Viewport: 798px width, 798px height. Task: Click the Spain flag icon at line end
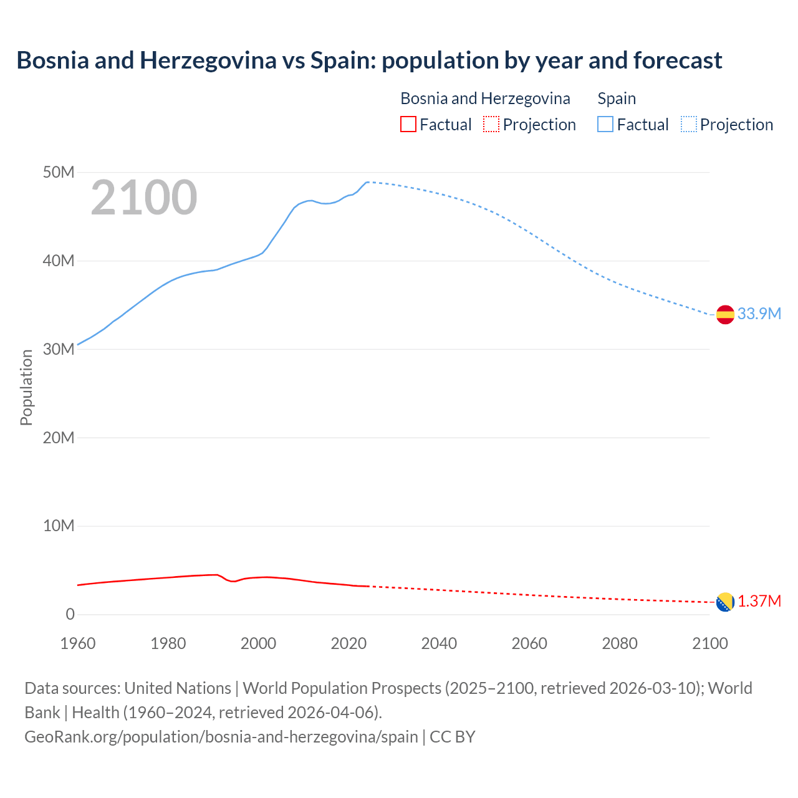[725, 315]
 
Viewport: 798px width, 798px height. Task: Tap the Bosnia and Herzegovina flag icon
[725, 602]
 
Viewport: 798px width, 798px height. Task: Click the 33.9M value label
[759, 314]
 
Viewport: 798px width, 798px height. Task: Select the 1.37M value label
[759, 602]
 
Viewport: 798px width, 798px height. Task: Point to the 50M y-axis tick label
[59, 172]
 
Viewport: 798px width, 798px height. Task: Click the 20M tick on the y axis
[59, 438]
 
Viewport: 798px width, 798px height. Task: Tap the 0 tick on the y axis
[70, 615]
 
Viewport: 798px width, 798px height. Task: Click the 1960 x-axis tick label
[78, 643]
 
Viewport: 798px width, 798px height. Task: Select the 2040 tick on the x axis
[439, 643]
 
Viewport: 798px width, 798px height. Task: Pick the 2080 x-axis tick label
[620, 643]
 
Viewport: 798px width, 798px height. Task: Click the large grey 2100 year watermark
[144, 198]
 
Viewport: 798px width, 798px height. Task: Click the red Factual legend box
[408, 125]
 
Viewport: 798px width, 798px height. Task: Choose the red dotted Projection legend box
[491, 125]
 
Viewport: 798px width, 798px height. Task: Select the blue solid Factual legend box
[605, 125]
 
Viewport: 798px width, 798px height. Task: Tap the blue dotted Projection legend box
[689, 125]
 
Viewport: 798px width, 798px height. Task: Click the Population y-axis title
[26, 387]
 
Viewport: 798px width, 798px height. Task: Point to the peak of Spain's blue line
[367, 182]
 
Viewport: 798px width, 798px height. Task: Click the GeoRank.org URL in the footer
[221, 737]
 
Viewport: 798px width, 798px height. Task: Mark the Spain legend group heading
[617, 99]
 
